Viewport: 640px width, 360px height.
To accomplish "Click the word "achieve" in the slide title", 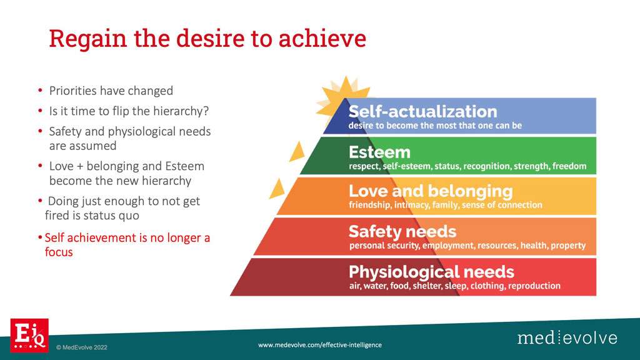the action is (x=322, y=38).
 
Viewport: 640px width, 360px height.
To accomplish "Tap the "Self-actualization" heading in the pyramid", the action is (x=423, y=111).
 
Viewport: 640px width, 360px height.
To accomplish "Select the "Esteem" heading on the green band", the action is (x=379, y=152).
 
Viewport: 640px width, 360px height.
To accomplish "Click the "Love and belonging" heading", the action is (x=431, y=191).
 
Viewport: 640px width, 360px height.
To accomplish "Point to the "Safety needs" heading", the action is (x=402, y=231).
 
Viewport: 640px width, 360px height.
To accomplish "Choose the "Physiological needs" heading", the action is (x=431, y=272).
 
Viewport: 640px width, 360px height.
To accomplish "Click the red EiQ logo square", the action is (x=29, y=335).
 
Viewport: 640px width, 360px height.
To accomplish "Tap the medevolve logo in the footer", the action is (x=567, y=338).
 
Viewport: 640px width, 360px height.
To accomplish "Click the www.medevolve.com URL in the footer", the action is (x=320, y=345).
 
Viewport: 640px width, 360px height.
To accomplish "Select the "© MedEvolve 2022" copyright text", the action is (x=82, y=347).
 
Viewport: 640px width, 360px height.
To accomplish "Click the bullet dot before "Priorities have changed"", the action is (x=40, y=90).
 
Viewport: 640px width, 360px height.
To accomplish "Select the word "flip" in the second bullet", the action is (x=121, y=111).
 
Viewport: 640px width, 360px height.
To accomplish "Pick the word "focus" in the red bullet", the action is (x=59, y=252).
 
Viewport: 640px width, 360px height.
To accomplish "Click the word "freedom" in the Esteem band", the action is (x=569, y=166).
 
